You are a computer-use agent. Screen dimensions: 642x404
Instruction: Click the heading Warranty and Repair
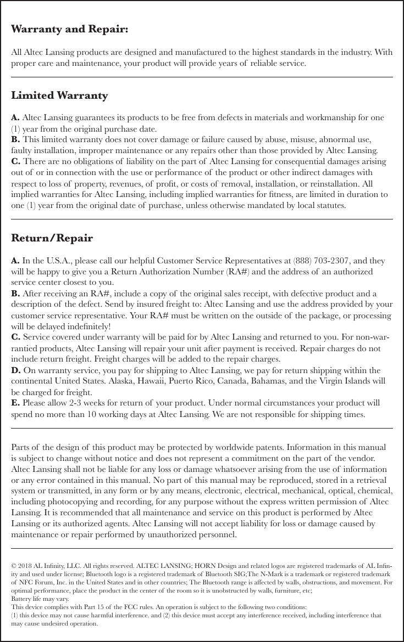point(70,29)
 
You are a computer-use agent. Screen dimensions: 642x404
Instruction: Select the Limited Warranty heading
point(59,96)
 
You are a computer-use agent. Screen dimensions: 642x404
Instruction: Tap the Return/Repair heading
point(52,239)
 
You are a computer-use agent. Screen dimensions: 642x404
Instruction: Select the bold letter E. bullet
point(16,403)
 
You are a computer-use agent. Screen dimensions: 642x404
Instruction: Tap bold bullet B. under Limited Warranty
point(16,139)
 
